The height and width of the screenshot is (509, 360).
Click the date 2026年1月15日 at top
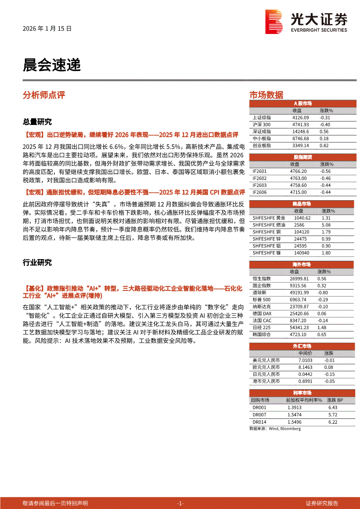pos(47,29)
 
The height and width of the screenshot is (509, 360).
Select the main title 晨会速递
pos(51,65)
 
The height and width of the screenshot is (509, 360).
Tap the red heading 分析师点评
pos(44,95)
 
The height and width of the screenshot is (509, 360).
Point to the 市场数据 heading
pos(266,95)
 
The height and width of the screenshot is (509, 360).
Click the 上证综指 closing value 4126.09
pos(300,118)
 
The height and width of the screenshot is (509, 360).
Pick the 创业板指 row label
pos(262,145)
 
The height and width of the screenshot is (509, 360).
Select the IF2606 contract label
pos(260,192)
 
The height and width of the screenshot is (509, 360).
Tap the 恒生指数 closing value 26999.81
pos(299,279)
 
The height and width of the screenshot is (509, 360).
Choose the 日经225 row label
pos(262,327)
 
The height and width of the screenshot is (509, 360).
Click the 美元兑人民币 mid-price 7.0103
pos(305,360)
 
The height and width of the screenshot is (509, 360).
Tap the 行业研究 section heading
pos(37,263)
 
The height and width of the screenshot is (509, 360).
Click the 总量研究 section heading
pos(37,121)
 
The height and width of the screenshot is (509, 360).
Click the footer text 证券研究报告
pos(322,503)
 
